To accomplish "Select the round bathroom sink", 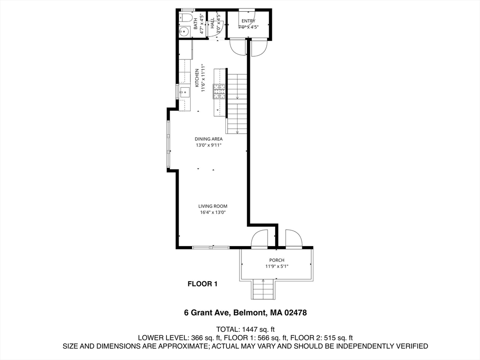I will coord(184,32).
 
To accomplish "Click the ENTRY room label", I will coord(248,21).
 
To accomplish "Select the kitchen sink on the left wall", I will coord(185,91).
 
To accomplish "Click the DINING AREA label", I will coord(209,139).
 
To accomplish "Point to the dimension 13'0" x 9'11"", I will coord(209,145).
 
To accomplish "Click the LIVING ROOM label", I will coord(213,206).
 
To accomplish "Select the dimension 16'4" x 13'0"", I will coord(213,212).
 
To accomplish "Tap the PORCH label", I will coord(277,260).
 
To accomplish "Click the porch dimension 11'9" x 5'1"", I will coord(277,267).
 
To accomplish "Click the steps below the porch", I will coord(263,289).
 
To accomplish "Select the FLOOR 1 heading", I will coord(202,284).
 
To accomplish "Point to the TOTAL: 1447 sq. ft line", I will coord(245,329).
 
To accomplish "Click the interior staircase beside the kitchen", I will coord(237,103).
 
